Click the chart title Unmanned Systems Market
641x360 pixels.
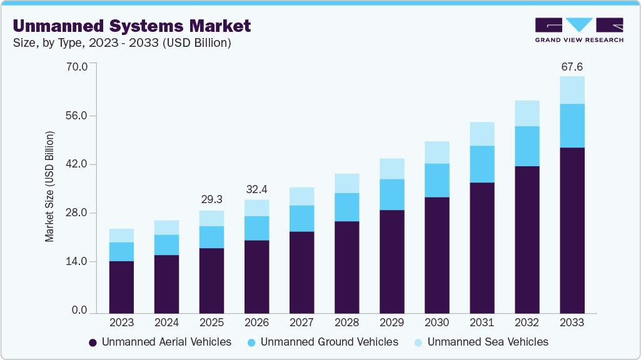pos(131,26)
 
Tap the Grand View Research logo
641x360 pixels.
pos(578,29)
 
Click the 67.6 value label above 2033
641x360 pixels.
pos(572,66)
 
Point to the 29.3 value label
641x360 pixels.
pos(211,199)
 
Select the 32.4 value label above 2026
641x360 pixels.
pos(256,188)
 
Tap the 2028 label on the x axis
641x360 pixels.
pos(346,322)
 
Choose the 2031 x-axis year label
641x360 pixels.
pos(482,322)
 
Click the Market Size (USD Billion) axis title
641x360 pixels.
pos(49,187)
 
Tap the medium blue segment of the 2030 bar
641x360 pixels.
pos(437,180)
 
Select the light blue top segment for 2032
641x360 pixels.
pos(527,113)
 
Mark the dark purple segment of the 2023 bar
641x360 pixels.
pos(121,287)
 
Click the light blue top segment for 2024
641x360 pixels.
pos(166,227)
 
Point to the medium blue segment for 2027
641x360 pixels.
pos(301,218)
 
